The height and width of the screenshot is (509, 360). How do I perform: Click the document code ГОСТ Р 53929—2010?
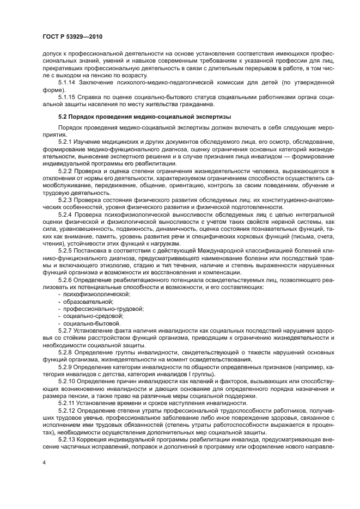coord(72,36)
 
